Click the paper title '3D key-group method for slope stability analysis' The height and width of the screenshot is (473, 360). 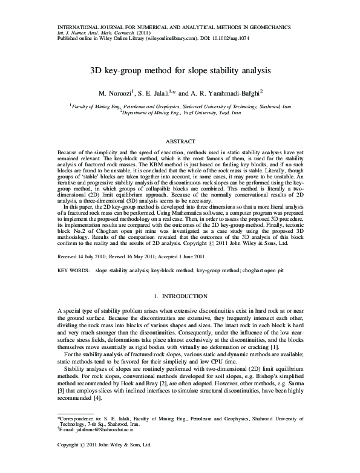[180, 71]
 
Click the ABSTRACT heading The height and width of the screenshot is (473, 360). [180, 140]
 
